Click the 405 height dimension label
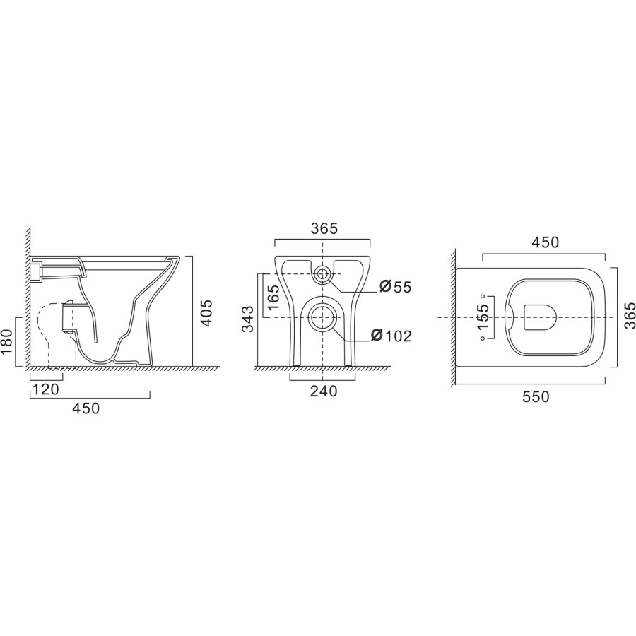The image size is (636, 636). coord(206,312)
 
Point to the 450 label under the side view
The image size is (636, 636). coord(85,408)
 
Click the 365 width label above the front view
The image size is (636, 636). coord(324,228)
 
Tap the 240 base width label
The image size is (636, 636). coord(324,391)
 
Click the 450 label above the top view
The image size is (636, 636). coord(545,242)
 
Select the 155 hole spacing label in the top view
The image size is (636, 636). coord(483,317)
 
